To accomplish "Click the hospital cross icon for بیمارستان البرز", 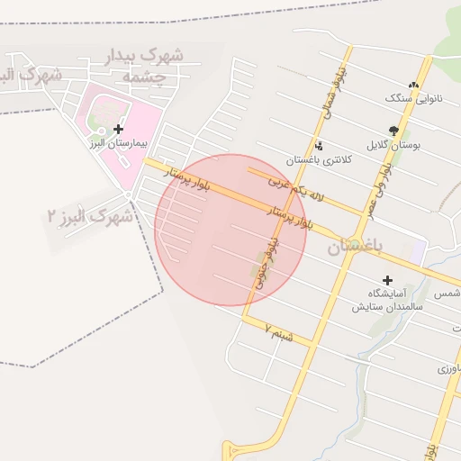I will (x=118, y=129).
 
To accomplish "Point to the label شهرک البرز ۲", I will (x=90, y=216).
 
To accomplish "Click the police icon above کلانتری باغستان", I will (x=319, y=145).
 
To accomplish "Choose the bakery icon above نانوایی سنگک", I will (x=414, y=84).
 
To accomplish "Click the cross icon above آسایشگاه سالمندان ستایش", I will (x=388, y=280).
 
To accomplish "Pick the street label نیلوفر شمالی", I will (x=325, y=95).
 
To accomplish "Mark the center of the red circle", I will (x=230, y=230).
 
